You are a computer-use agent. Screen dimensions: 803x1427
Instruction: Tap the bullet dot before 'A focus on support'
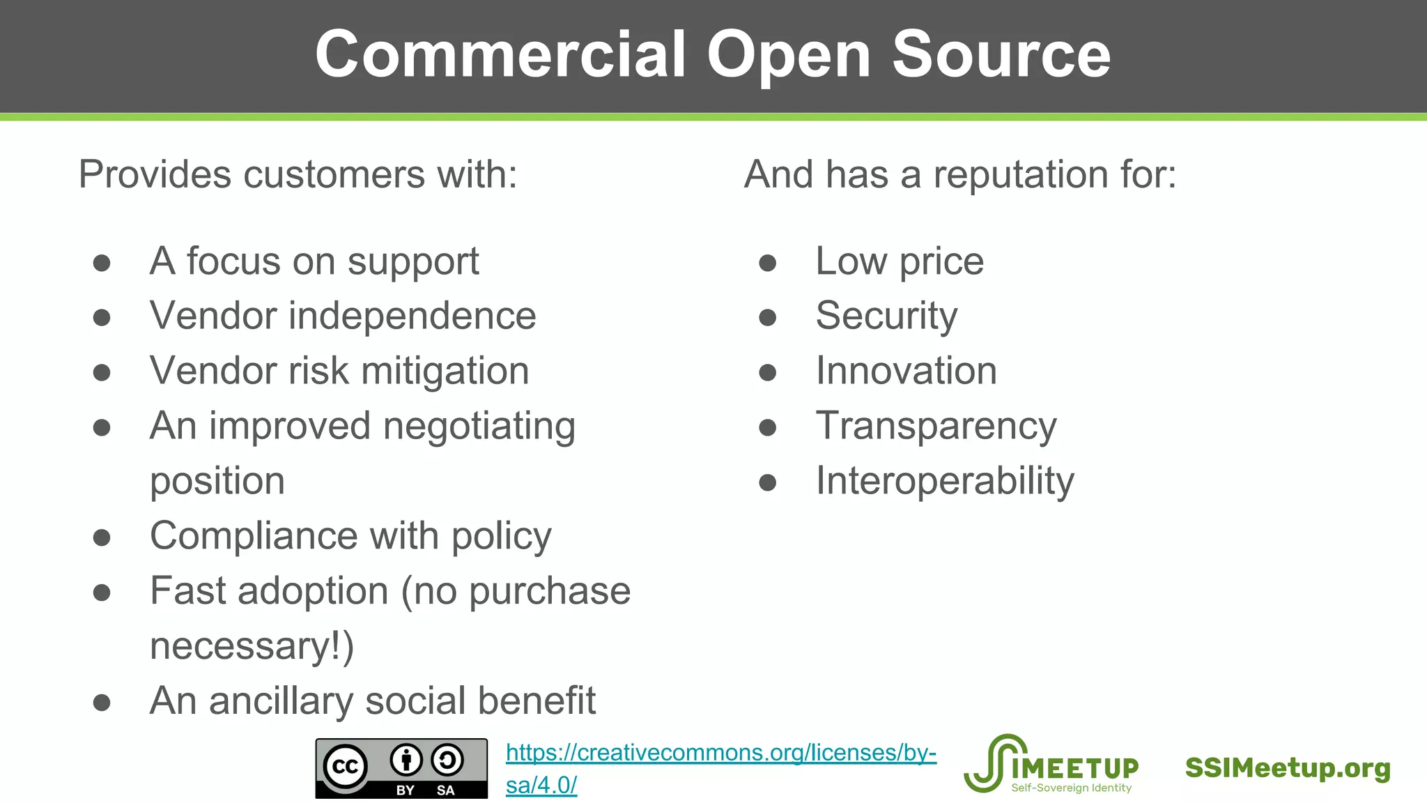102,263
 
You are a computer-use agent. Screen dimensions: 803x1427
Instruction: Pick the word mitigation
445,371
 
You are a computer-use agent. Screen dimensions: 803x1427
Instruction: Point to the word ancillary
281,701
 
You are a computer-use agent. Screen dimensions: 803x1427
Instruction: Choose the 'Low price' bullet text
900,262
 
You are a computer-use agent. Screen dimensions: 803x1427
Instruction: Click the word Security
886,316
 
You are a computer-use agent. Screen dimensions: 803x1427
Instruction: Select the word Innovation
906,371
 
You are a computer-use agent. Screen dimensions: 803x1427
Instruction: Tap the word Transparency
936,427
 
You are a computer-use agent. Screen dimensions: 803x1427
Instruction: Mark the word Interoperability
945,481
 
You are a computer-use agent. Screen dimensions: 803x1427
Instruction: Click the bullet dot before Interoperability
767,482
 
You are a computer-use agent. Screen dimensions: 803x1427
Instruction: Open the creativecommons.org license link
720,754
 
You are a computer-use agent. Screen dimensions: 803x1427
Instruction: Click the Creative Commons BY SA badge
401,768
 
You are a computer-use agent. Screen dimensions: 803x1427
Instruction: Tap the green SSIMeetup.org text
1288,768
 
